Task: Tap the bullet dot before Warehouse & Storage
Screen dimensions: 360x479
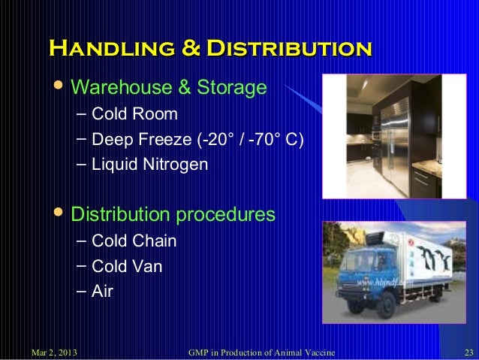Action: coord(60,87)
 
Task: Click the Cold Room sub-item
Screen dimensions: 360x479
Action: coord(134,114)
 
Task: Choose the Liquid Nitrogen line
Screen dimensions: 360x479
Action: coord(149,164)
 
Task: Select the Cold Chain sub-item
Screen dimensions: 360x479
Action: coord(134,241)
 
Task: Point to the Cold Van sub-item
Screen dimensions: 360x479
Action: coord(126,266)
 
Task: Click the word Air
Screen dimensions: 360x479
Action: coord(102,291)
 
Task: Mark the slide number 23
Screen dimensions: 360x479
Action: coord(467,352)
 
